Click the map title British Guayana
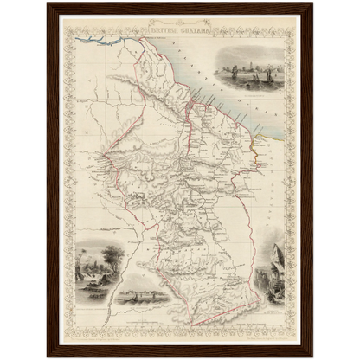click(179, 27)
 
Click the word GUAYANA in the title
click(191, 27)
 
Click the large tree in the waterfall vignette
click(111, 256)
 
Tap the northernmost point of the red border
click(138, 38)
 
